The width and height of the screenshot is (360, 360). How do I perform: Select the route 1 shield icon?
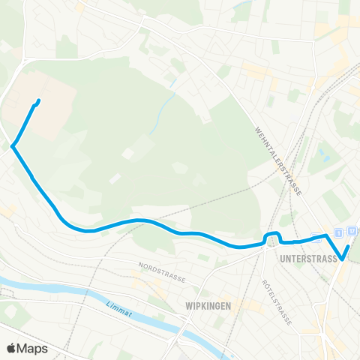tap(339, 233)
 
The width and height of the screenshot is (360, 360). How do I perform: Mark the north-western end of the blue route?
tap(38, 101)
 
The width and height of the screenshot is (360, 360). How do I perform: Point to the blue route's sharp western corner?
tap(13, 146)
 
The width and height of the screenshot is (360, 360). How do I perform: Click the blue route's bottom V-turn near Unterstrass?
tap(342, 259)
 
